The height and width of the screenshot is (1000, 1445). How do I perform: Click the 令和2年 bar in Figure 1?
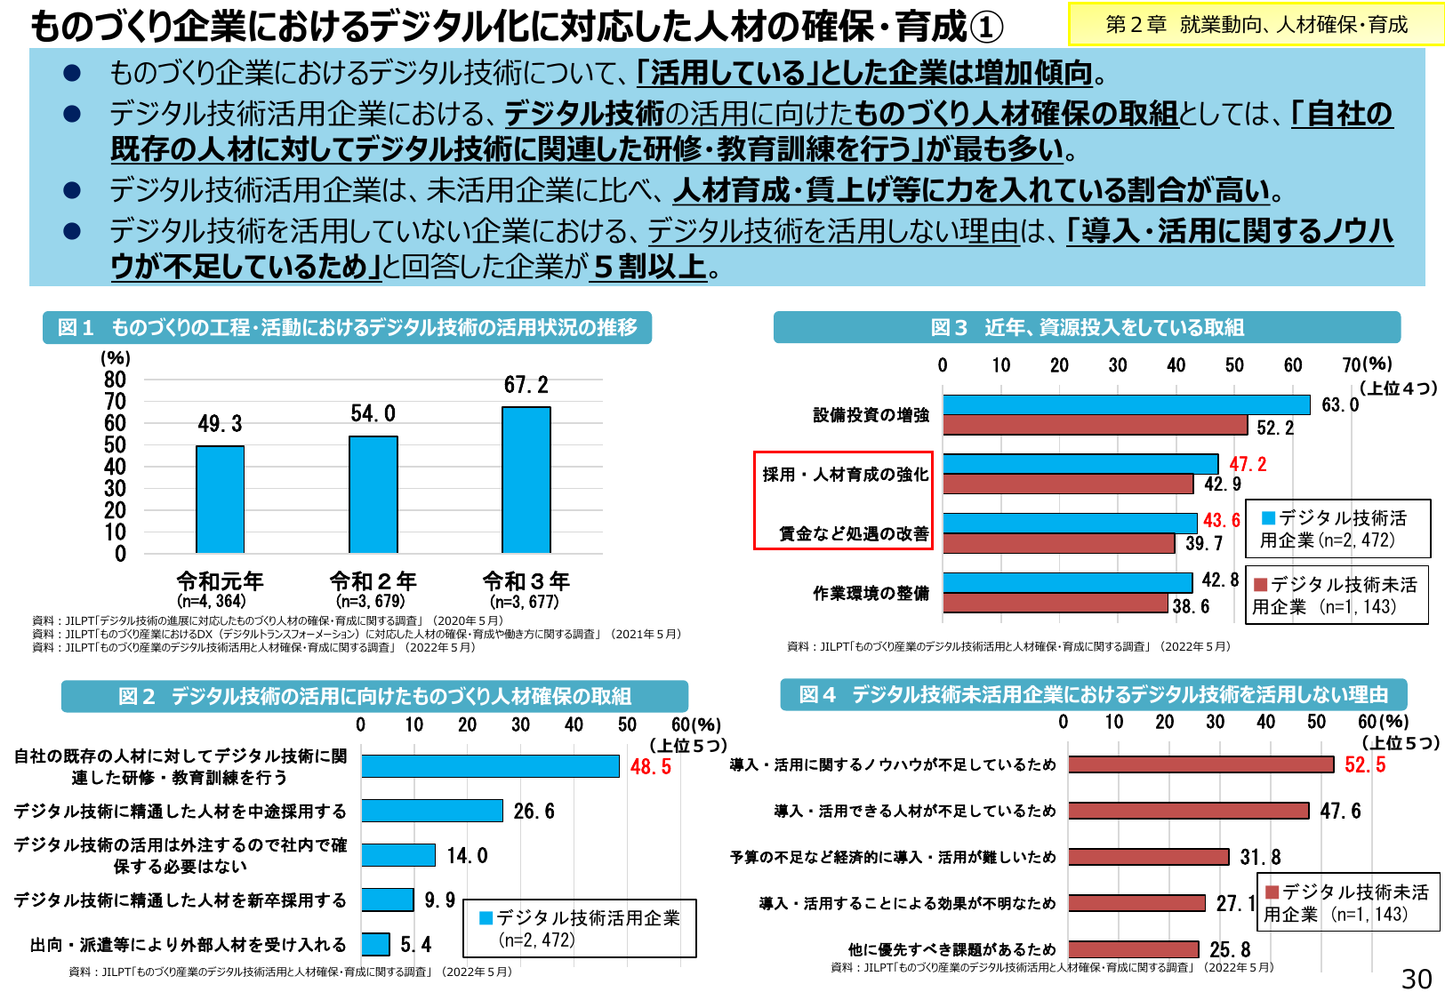coord(373,494)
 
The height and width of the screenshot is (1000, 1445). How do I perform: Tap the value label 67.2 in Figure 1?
coord(526,385)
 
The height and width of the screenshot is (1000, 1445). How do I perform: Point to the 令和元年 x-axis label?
coord(220,581)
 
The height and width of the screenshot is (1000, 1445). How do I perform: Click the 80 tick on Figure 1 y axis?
coord(115,380)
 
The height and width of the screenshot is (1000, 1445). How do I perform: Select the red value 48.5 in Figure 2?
coord(650,766)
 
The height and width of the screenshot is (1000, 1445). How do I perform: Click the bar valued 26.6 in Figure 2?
coord(432,811)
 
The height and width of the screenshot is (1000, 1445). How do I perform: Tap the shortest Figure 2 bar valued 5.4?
coord(375,944)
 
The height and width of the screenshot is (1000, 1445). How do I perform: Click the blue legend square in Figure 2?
coord(486,917)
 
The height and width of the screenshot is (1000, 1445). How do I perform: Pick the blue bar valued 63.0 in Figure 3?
coord(1126,405)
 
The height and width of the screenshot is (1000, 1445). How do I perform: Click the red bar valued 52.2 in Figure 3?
coord(1095,426)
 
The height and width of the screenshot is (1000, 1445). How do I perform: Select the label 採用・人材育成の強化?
coord(845,475)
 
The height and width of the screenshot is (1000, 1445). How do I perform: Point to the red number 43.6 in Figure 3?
coord(1221,521)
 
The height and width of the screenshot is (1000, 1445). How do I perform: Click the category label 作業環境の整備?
coord(871,593)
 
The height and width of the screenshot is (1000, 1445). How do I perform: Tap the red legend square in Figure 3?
coord(1260,585)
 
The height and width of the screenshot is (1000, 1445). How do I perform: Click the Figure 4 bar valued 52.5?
coord(1200,764)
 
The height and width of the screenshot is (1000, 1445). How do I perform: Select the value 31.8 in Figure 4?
coord(1260,857)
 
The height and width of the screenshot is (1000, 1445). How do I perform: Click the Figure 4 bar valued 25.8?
coord(1133,949)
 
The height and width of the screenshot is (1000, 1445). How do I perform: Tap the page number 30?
coord(1417,979)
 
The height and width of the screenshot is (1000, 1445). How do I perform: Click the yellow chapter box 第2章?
coord(1256,24)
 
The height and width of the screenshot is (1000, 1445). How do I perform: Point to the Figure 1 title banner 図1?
coord(347,327)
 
